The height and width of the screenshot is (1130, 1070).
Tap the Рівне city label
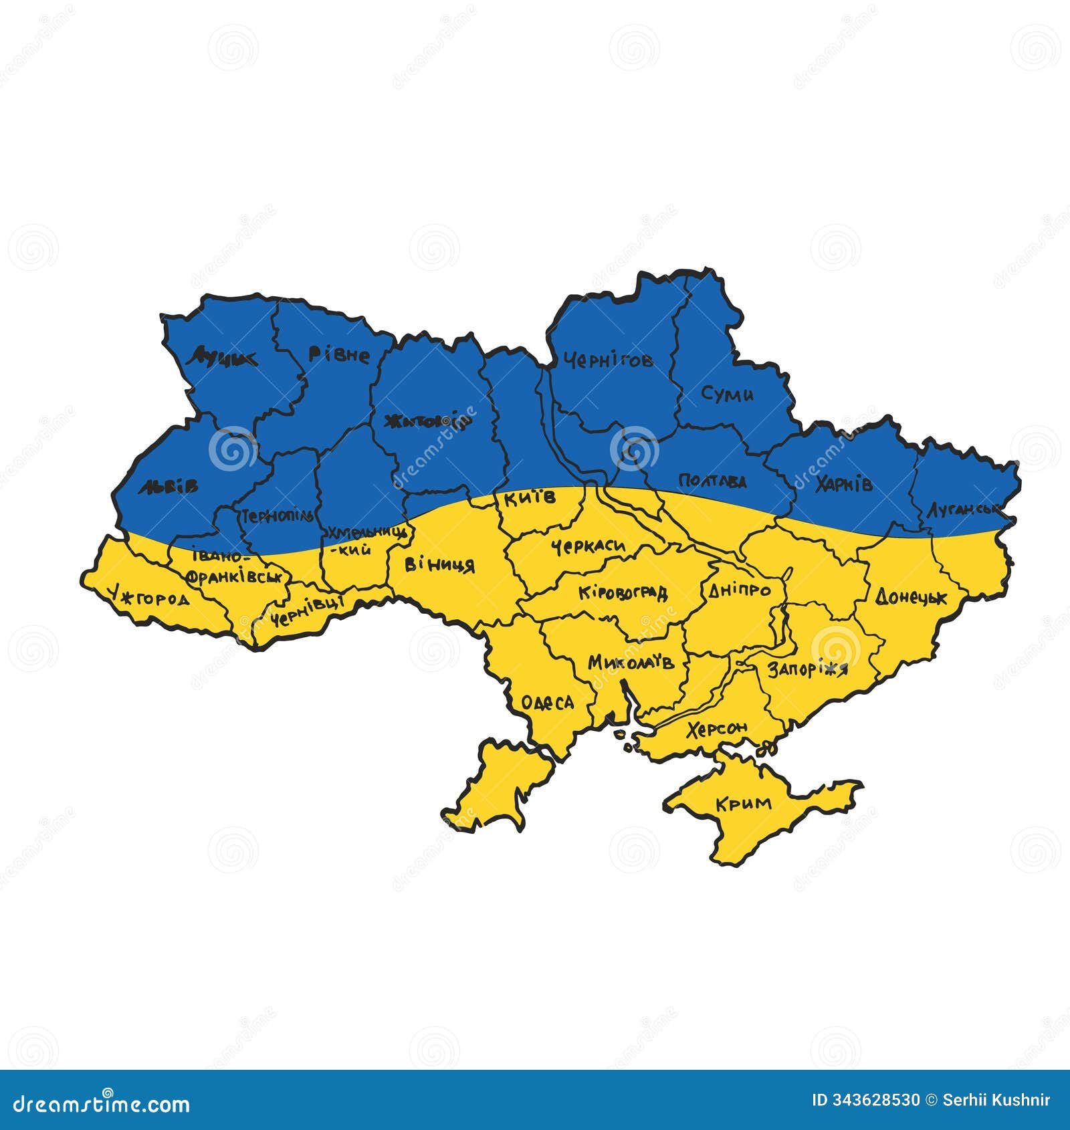[339, 354]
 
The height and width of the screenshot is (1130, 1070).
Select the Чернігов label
[608, 361]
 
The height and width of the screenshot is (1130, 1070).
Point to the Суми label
[727, 394]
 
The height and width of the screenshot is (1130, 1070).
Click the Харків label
[844, 483]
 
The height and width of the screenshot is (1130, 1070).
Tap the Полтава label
[712, 481]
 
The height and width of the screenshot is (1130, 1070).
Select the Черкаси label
[588, 547]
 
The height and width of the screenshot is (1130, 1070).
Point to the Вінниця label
[439, 565]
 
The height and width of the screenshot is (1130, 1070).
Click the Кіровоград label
[623, 592]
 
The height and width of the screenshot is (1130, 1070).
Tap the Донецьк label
[911, 596]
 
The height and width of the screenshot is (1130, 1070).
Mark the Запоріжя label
[807, 669]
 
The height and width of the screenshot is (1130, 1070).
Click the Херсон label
[718, 729]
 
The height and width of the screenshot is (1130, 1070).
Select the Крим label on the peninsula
[743, 803]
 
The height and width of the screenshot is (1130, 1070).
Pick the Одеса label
[547, 702]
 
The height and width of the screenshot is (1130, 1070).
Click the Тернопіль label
[277, 516]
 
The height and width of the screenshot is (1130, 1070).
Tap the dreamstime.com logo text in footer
[102, 1104]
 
